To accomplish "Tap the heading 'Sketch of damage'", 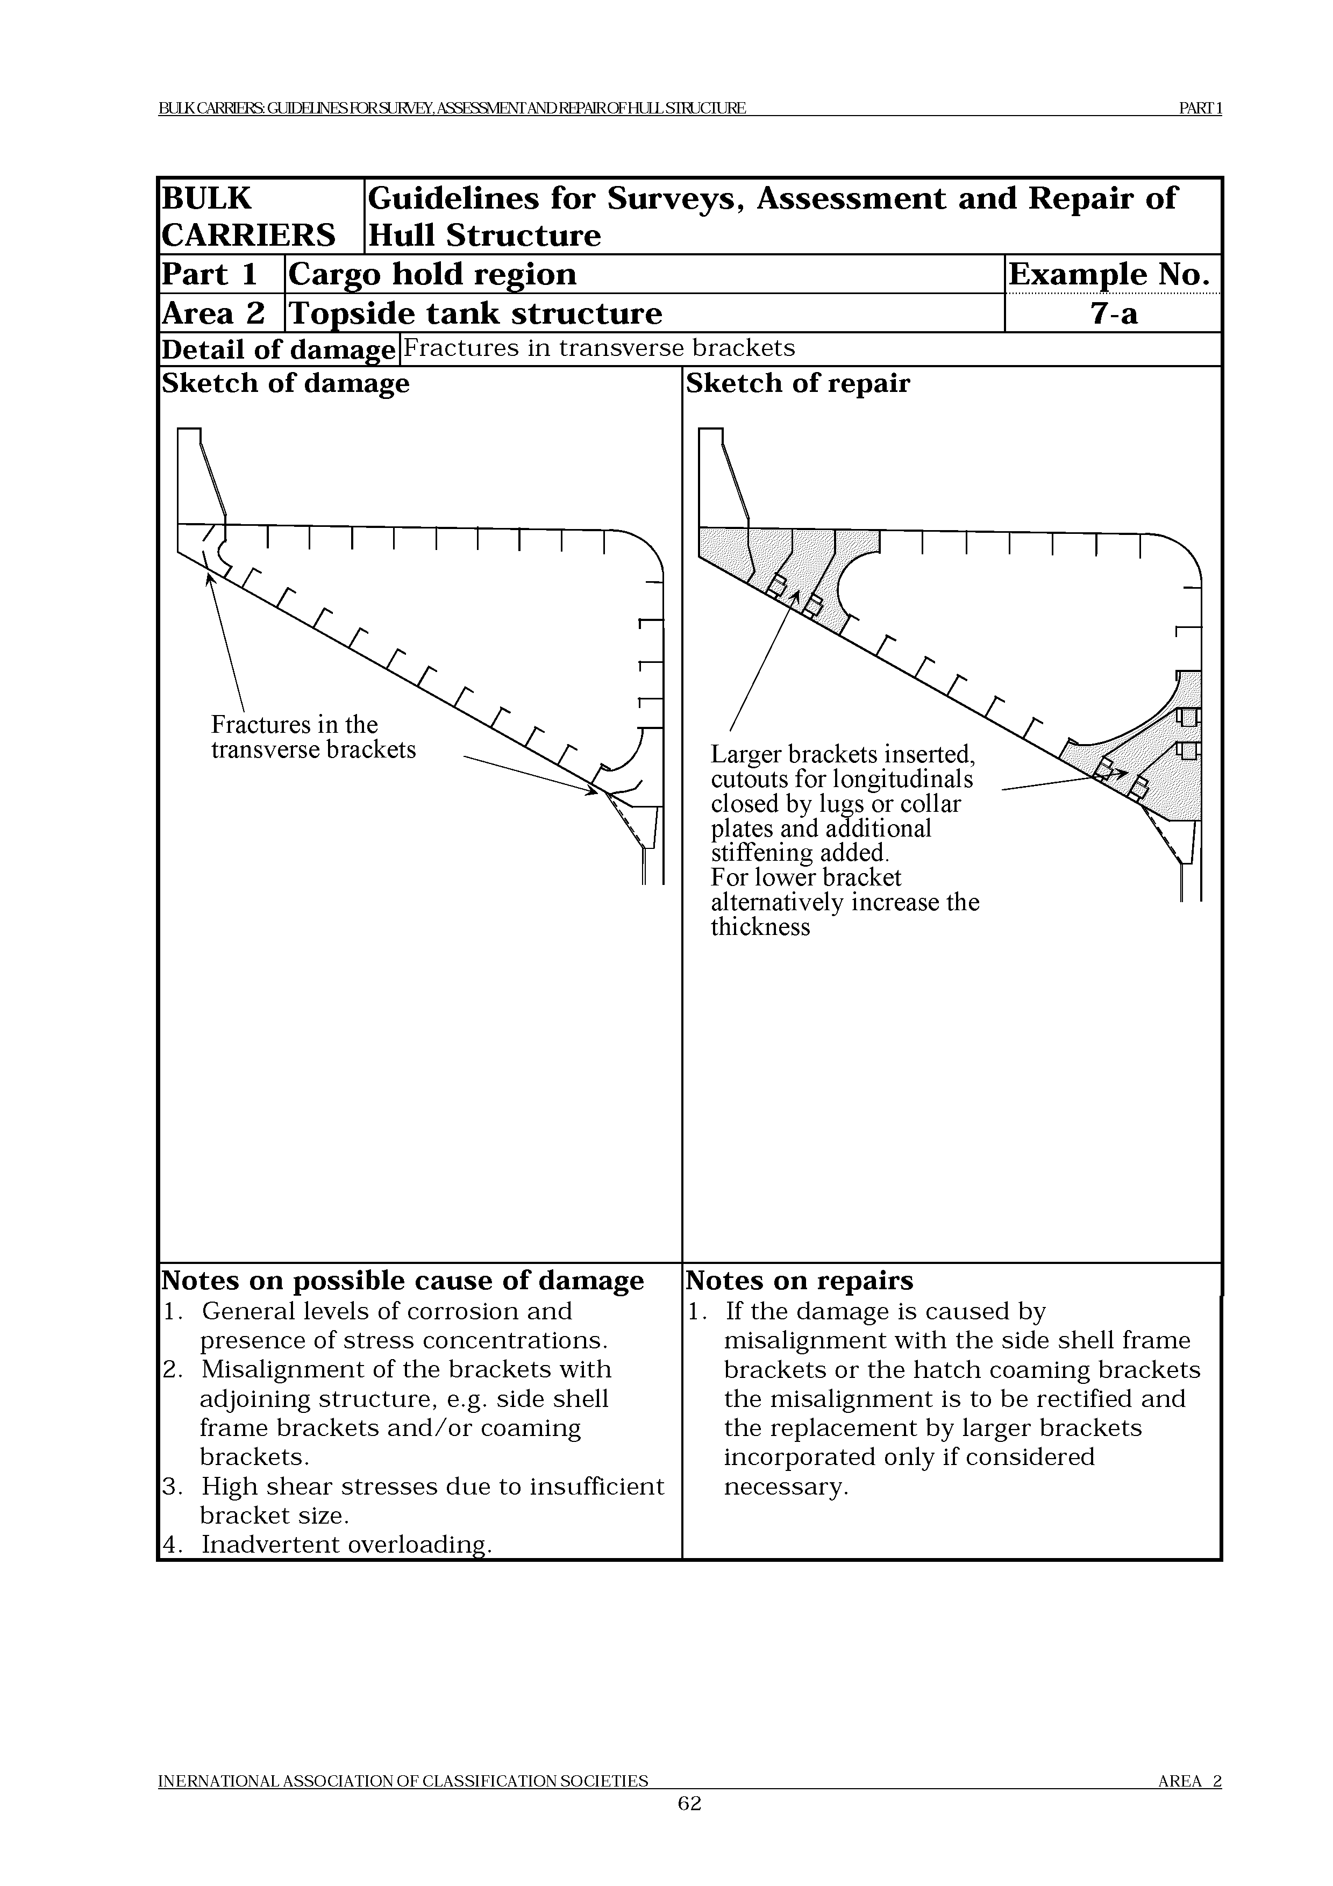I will pyautogui.click(x=285, y=384).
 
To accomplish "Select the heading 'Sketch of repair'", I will pyautogui.click(x=797, y=384).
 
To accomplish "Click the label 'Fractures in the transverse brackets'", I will pyautogui.click(x=313, y=737).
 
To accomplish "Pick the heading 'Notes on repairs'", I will pyautogui.click(x=799, y=1281).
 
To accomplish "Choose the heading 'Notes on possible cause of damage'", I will pyautogui.click(x=402, y=1281).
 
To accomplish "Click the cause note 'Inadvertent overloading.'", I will pyautogui.click(x=346, y=1544).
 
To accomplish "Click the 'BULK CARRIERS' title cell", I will pyautogui.click(x=248, y=217).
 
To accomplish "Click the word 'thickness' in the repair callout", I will pyautogui.click(x=760, y=927).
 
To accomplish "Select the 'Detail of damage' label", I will pyautogui.click(x=277, y=350).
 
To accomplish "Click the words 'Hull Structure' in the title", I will pyautogui.click(x=484, y=235).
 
